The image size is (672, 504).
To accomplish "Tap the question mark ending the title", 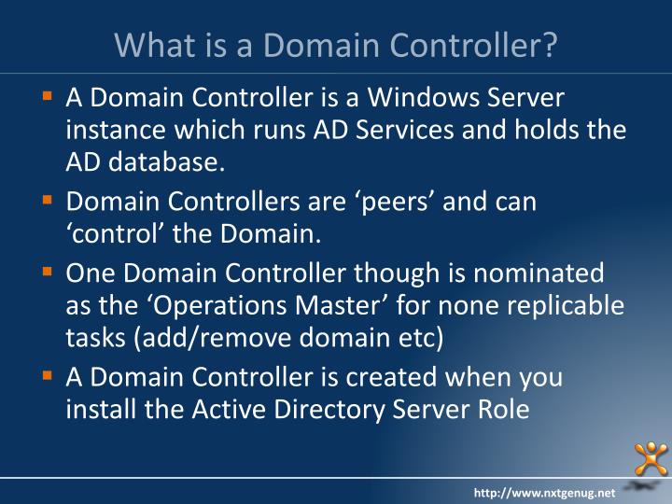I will click(x=549, y=44).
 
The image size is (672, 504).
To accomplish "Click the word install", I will click(x=99, y=409).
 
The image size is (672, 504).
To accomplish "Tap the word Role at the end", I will click(x=505, y=409).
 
